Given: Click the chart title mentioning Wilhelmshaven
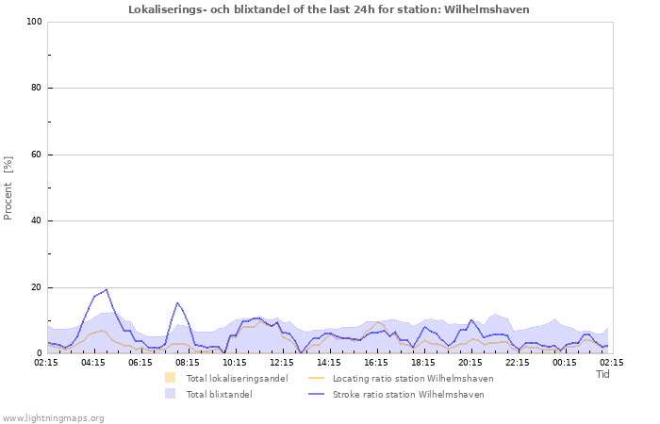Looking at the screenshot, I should point(329,9).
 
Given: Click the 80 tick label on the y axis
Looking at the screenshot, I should point(36,89).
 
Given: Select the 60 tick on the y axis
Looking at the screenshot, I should point(36,155).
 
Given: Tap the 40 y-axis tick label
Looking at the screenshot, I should point(36,221).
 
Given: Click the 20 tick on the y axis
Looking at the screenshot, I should point(36,287).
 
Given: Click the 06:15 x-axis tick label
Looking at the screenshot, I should point(140,362).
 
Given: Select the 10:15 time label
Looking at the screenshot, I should point(235,362).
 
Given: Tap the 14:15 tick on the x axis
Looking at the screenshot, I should point(329,362).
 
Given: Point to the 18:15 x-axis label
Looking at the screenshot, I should point(423,362).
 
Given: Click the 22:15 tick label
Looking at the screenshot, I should point(518,362).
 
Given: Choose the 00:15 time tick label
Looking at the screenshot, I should point(565,362).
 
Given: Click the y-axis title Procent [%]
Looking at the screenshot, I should point(8,188).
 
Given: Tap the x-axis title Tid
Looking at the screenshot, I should point(603,374).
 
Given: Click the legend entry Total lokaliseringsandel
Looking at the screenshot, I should point(237,379).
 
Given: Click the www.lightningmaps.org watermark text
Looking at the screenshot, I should point(54,417).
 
